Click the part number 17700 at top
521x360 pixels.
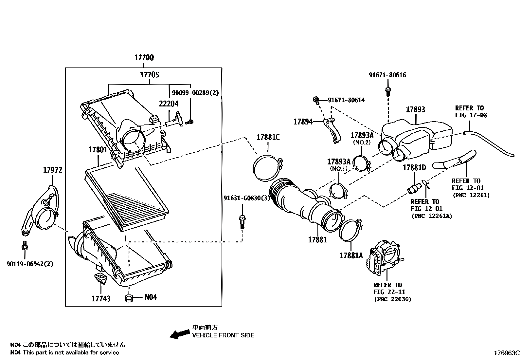pos(144,58)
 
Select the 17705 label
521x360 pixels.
pos(150,75)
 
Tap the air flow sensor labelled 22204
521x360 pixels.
pos(174,120)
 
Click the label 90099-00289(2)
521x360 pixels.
pos(195,93)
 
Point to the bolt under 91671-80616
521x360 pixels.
pos(388,91)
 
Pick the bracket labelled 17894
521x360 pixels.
pos(332,130)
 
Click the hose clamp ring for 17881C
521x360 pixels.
pos(267,168)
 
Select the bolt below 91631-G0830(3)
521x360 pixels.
pos(242,222)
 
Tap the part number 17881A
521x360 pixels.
pos(351,256)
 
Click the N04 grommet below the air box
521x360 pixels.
pos(129,298)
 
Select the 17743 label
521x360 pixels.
pos(101,298)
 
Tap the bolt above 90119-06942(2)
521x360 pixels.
pos(25,245)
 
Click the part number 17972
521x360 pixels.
pos(53,170)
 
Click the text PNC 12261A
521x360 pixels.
pos(432,216)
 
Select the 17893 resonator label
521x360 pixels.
pos(415,109)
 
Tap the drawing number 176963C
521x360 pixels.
pos(507,353)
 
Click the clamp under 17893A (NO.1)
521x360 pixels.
pos(339,191)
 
